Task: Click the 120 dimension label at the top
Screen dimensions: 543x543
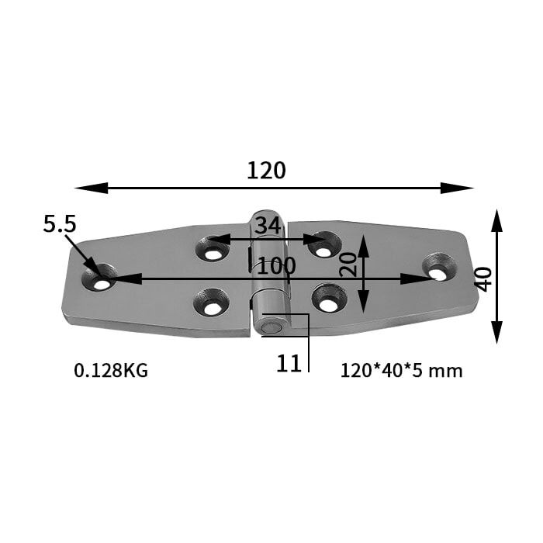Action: tap(266, 170)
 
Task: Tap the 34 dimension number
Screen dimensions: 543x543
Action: tap(267, 226)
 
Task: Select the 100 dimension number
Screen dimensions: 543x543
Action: tap(277, 265)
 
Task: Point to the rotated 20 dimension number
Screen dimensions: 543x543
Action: tap(349, 264)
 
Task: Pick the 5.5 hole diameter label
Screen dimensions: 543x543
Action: tap(60, 224)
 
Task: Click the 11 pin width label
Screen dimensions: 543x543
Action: tap(289, 362)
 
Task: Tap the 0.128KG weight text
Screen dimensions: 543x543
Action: tap(111, 371)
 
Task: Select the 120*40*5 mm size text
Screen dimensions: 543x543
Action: tap(401, 371)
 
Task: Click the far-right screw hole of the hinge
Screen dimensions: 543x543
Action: tap(438, 268)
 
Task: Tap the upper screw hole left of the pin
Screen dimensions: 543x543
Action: tap(212, 250)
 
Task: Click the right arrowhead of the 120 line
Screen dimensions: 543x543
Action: tap(462, 188)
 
